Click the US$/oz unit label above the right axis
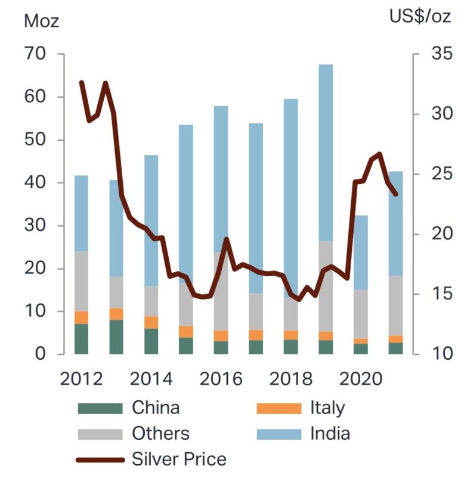pyautogui.click(x=420, y=17)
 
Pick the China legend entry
pyautogui.click(x=155, y=408)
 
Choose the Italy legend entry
pyautogui.click(x=327, y=408)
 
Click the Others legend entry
pyautogui.click(x=160, y=434)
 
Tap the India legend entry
pyautogui.click(x=330, y=434)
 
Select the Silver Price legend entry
pyautogui.click(x=179, y=459)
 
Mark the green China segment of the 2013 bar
pyautogui.click(x=116, y=337)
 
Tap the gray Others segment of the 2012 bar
pyautogui.click(x=81, y=281)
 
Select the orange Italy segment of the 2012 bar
pyautogui.click(x=81, y=317)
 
